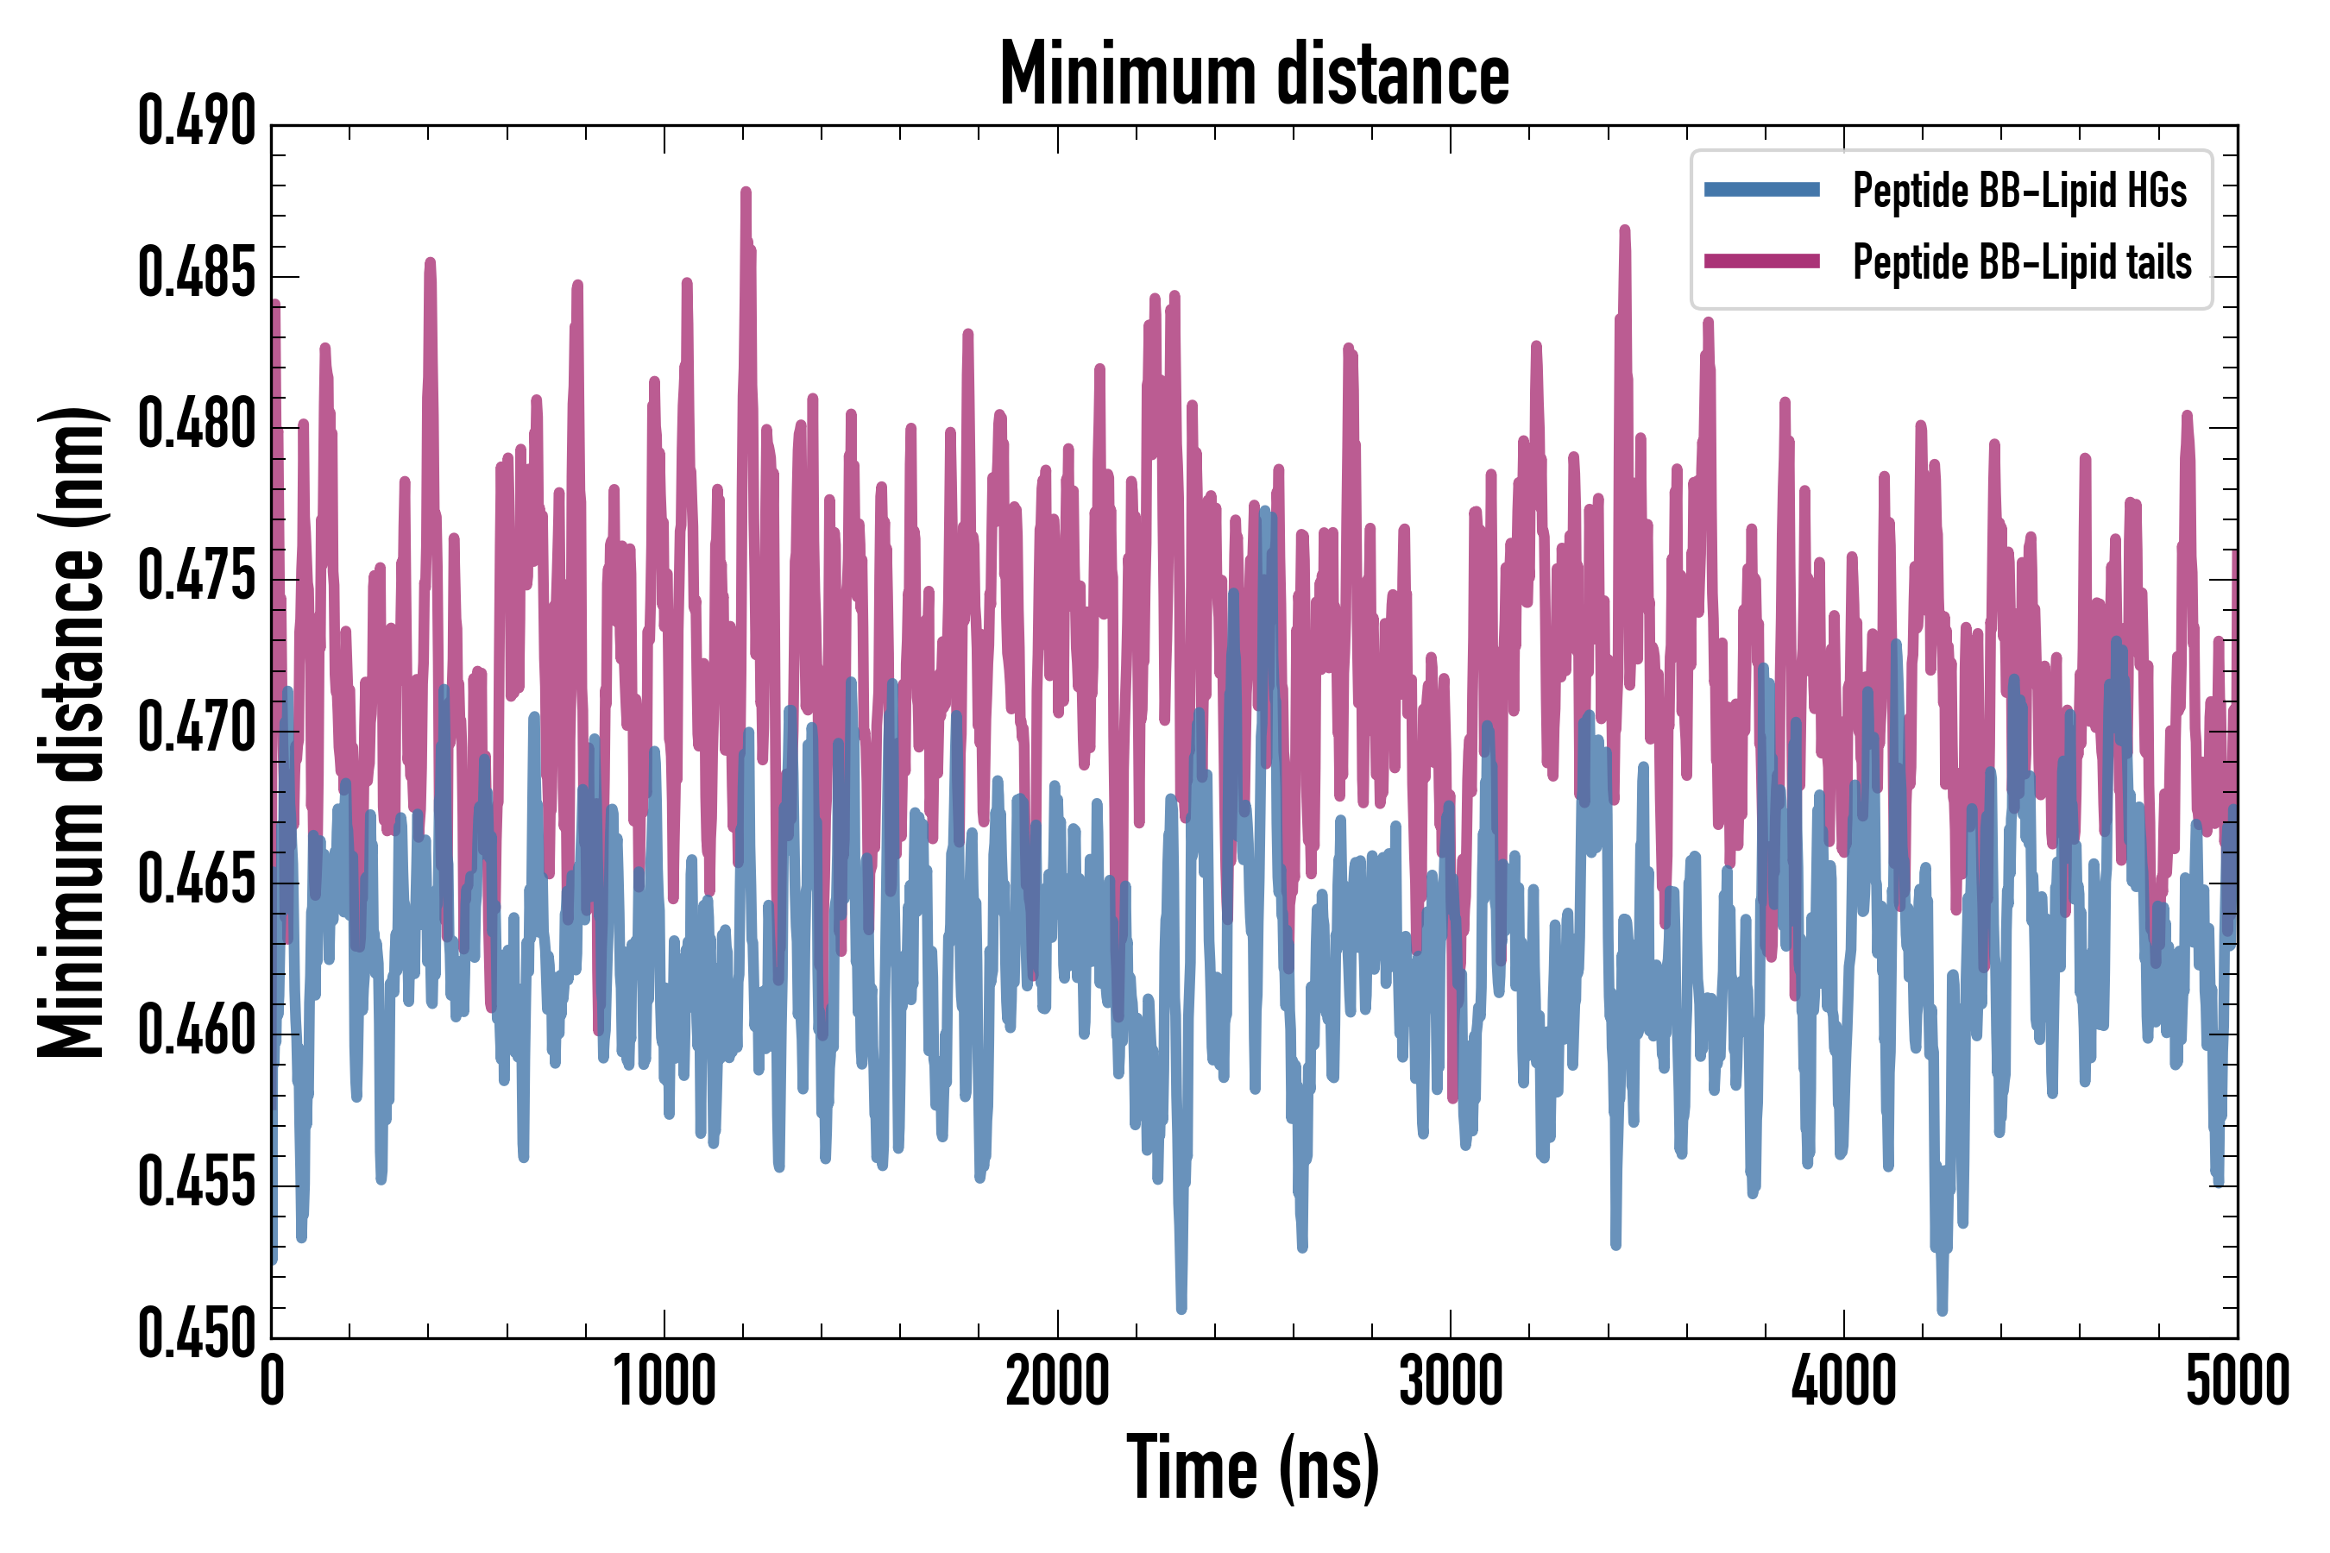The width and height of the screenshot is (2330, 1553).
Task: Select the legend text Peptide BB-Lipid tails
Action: coord(2022,262)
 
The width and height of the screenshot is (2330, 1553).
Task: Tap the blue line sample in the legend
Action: coord(1761,190)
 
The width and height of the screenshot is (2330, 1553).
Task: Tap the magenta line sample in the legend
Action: coord(1761,261)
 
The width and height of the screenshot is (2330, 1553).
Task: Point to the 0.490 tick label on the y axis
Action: coord(196,123)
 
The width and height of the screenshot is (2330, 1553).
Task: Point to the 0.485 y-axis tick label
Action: coord(196,274)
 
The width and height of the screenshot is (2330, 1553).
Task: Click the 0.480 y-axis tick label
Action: coord(196,426)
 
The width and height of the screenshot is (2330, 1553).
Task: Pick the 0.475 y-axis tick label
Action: coord(196,577)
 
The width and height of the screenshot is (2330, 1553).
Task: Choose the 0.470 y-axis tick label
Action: coord(196,729)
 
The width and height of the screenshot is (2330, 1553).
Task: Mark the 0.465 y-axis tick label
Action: coord(196,881)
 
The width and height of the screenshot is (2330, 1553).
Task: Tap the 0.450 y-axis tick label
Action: coord(196,1335)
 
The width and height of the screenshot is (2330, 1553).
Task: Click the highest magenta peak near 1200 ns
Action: coord(746,192)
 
